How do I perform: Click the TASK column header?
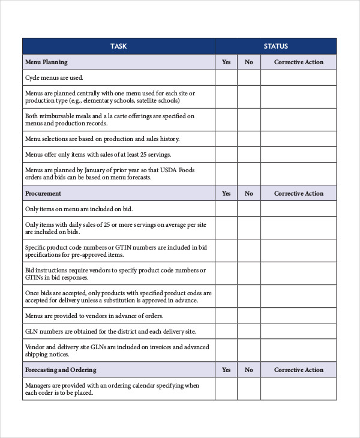click(118, 46)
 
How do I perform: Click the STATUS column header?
click(275, 46)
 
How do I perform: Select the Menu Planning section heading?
click(46, 62)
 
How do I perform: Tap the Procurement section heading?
click(43, 193)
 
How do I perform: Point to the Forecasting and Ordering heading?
click(61, 370)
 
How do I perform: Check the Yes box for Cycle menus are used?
click(226, 77)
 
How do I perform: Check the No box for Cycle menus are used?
click(249, 77)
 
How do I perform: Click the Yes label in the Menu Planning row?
click(226, 62)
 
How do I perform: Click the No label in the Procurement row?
click(249, 193)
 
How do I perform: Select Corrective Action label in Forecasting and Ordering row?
click(298, 370)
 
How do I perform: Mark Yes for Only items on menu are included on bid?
click(226, 209)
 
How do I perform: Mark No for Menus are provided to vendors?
click(249, 316)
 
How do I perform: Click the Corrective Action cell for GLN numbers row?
click(298, 331)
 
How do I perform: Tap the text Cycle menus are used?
click(54, 77)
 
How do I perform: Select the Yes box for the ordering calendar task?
click(226, 389)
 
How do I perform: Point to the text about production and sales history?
click(102, 139)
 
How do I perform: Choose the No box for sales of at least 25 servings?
click(249, 154)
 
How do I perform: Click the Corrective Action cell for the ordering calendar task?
click(298, 389)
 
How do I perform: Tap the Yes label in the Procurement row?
click(226, 193)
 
